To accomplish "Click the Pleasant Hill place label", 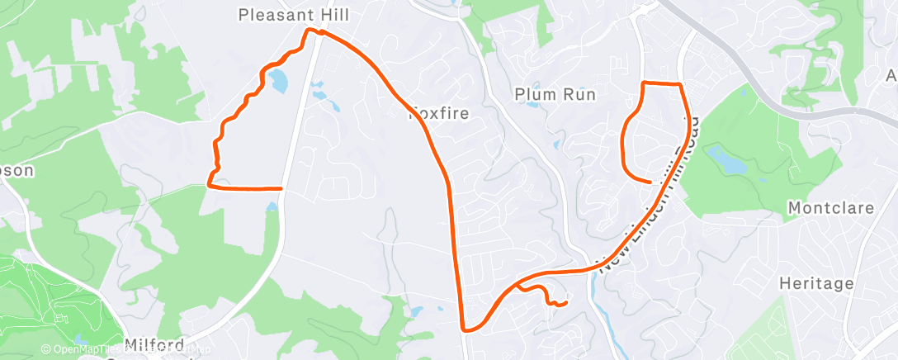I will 293,15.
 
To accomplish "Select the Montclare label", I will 831,208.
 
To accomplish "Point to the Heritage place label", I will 815,283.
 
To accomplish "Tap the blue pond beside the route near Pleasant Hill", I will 277,81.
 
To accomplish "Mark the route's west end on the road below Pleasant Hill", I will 281,188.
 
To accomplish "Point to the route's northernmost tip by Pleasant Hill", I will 310,30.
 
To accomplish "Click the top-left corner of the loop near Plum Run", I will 645,83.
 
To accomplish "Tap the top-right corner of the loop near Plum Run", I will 679,84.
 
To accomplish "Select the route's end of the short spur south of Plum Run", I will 565,303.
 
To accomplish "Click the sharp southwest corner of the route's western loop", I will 208,186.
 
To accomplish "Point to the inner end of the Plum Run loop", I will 651,181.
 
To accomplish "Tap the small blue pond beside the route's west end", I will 272,205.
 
